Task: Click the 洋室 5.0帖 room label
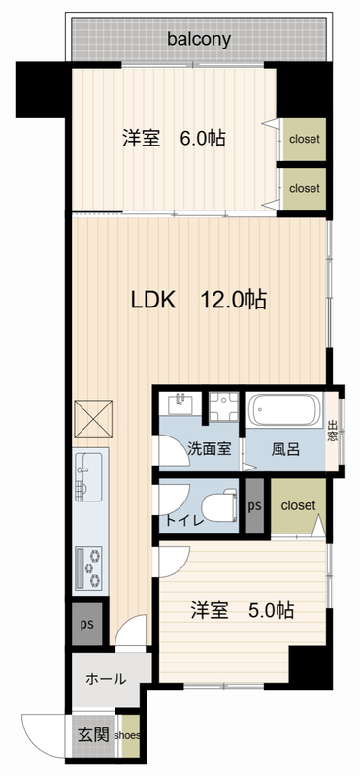point(241,611)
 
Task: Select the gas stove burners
point(87,566)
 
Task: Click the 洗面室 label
point(209,449)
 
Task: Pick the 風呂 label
point(285,449)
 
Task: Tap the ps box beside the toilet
point(254,505)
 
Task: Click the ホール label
point(106,679)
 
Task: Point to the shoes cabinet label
point(130,735)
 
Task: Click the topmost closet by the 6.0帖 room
point(304,139)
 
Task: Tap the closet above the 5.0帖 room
point(298,504)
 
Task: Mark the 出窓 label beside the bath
point(333,428)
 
